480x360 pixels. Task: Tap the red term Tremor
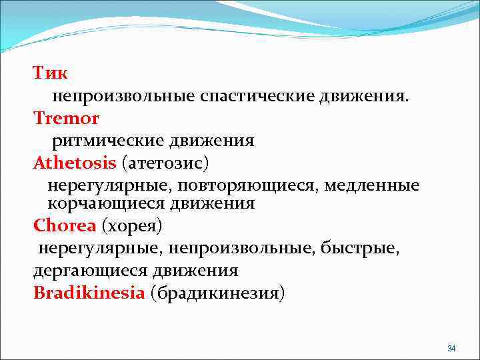(x=66, y=119)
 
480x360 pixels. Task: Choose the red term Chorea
(x=65, y=226)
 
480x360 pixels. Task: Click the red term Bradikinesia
(x=89, y=293)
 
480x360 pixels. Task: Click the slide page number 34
(x=451, y=349)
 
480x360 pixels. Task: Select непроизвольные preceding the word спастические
(x=124, y=97)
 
